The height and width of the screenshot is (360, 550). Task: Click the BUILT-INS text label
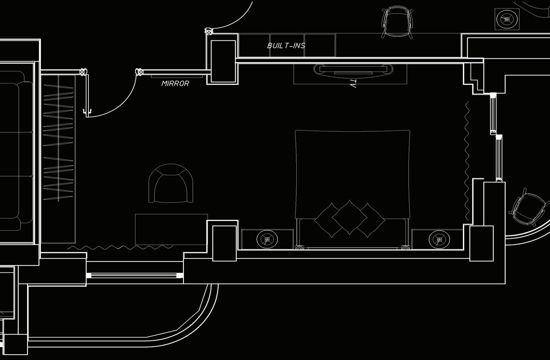[286, 46]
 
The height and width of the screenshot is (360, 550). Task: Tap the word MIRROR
[175, 83]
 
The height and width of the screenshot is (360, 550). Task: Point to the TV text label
[353, 83]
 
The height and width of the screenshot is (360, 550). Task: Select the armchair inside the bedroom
[171, 184]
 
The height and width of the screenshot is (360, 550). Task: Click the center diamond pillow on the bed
[349, 217]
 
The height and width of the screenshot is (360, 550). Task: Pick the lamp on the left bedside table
[267, 239]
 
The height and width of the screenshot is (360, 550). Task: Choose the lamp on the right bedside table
[439, 239]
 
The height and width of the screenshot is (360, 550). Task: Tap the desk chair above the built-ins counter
[397, 21]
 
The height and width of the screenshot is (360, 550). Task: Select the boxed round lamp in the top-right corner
[506, 19]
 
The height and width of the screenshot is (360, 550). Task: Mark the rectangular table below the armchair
[171, 229]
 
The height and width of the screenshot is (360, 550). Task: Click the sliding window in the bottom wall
[135, 276]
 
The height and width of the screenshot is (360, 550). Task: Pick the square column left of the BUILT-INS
[223, 61]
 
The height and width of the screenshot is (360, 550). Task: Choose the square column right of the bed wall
[481, 243]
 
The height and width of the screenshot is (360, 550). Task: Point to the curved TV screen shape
[353, 69]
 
